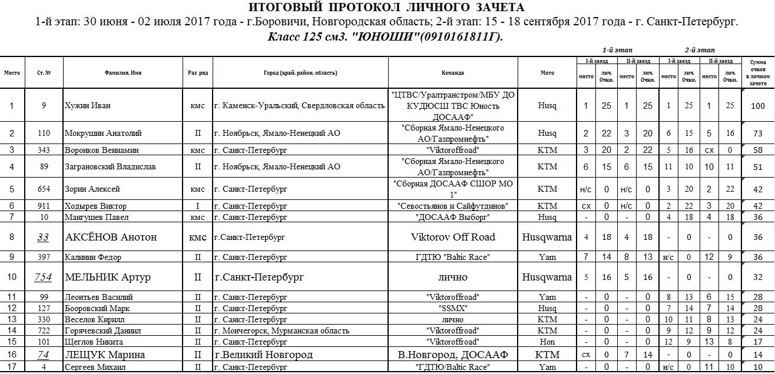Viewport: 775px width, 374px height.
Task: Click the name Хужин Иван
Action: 87,106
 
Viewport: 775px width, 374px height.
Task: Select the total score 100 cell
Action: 758,106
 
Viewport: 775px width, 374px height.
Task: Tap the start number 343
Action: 44,150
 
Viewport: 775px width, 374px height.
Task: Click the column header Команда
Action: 452,73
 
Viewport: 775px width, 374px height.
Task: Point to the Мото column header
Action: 547,73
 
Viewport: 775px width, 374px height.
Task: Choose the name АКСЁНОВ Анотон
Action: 111,238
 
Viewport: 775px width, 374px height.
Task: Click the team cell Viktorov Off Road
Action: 452,238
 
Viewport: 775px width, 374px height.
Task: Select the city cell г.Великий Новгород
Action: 263,355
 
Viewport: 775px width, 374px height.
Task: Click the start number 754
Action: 44,277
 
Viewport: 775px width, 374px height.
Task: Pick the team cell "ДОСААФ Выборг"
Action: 452,218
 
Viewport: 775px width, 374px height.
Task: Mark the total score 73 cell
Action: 758,133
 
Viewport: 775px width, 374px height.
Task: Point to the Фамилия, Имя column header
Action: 123,73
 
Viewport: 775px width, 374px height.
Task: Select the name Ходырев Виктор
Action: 95,206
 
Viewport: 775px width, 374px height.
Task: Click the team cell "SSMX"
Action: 452,308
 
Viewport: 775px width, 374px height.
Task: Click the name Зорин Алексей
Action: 92,189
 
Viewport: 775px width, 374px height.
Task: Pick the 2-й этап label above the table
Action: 700,50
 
